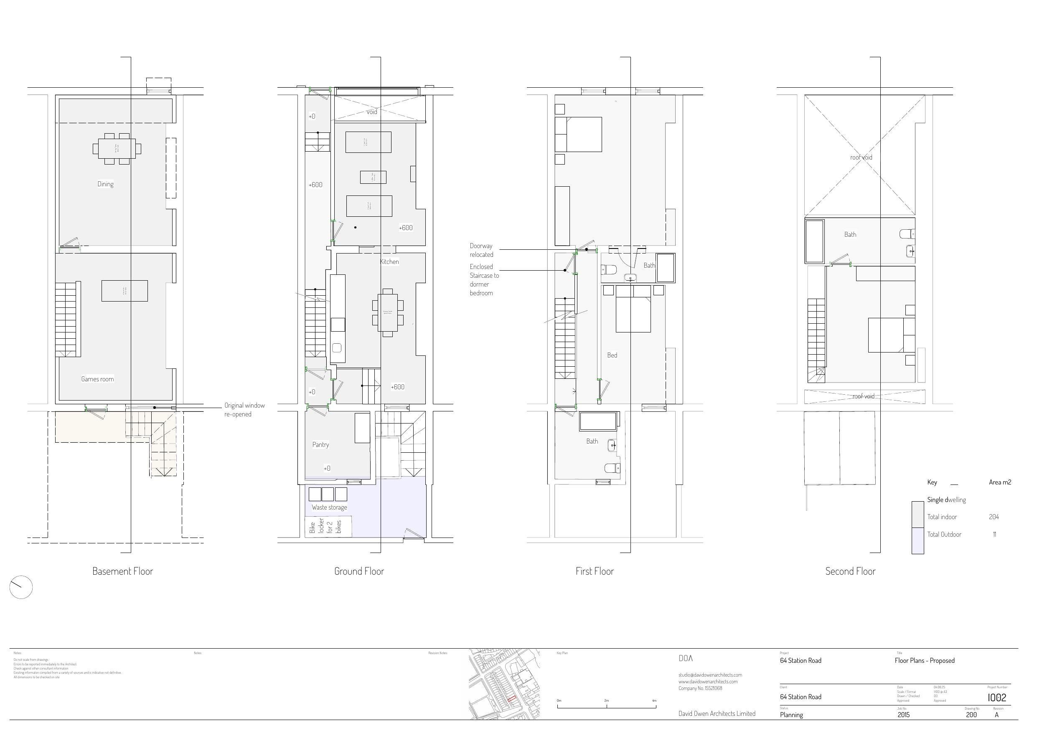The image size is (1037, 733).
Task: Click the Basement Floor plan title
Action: click(x=122, y=571)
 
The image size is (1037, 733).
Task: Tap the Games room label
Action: click(x=97, y=379)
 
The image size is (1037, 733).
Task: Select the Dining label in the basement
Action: click(x=105, y=184)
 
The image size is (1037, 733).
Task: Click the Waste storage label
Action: click(x=329, y=507)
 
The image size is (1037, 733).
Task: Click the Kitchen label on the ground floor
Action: click(x=389, y=261)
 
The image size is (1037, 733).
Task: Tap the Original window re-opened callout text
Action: click(x=244, y=410)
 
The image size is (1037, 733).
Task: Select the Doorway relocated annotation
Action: click(x=481, y=250)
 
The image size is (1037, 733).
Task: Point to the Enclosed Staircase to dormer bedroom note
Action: click(x=484, y=279)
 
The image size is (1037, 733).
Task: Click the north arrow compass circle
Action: click(x=21, y=588)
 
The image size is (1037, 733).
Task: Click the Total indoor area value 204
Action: click(x=994, y=517)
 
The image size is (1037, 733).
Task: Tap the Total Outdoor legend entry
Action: click(x=944, y=534)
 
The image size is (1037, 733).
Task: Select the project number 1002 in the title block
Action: click(x=997, y=697)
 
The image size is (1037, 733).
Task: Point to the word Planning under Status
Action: click(x=791, y=715)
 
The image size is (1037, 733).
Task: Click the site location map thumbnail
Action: click(x=504, y=684)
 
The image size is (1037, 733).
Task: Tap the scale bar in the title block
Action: click(x=607, y=706)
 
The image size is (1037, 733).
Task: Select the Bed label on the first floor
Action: click(x=612, y=355)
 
